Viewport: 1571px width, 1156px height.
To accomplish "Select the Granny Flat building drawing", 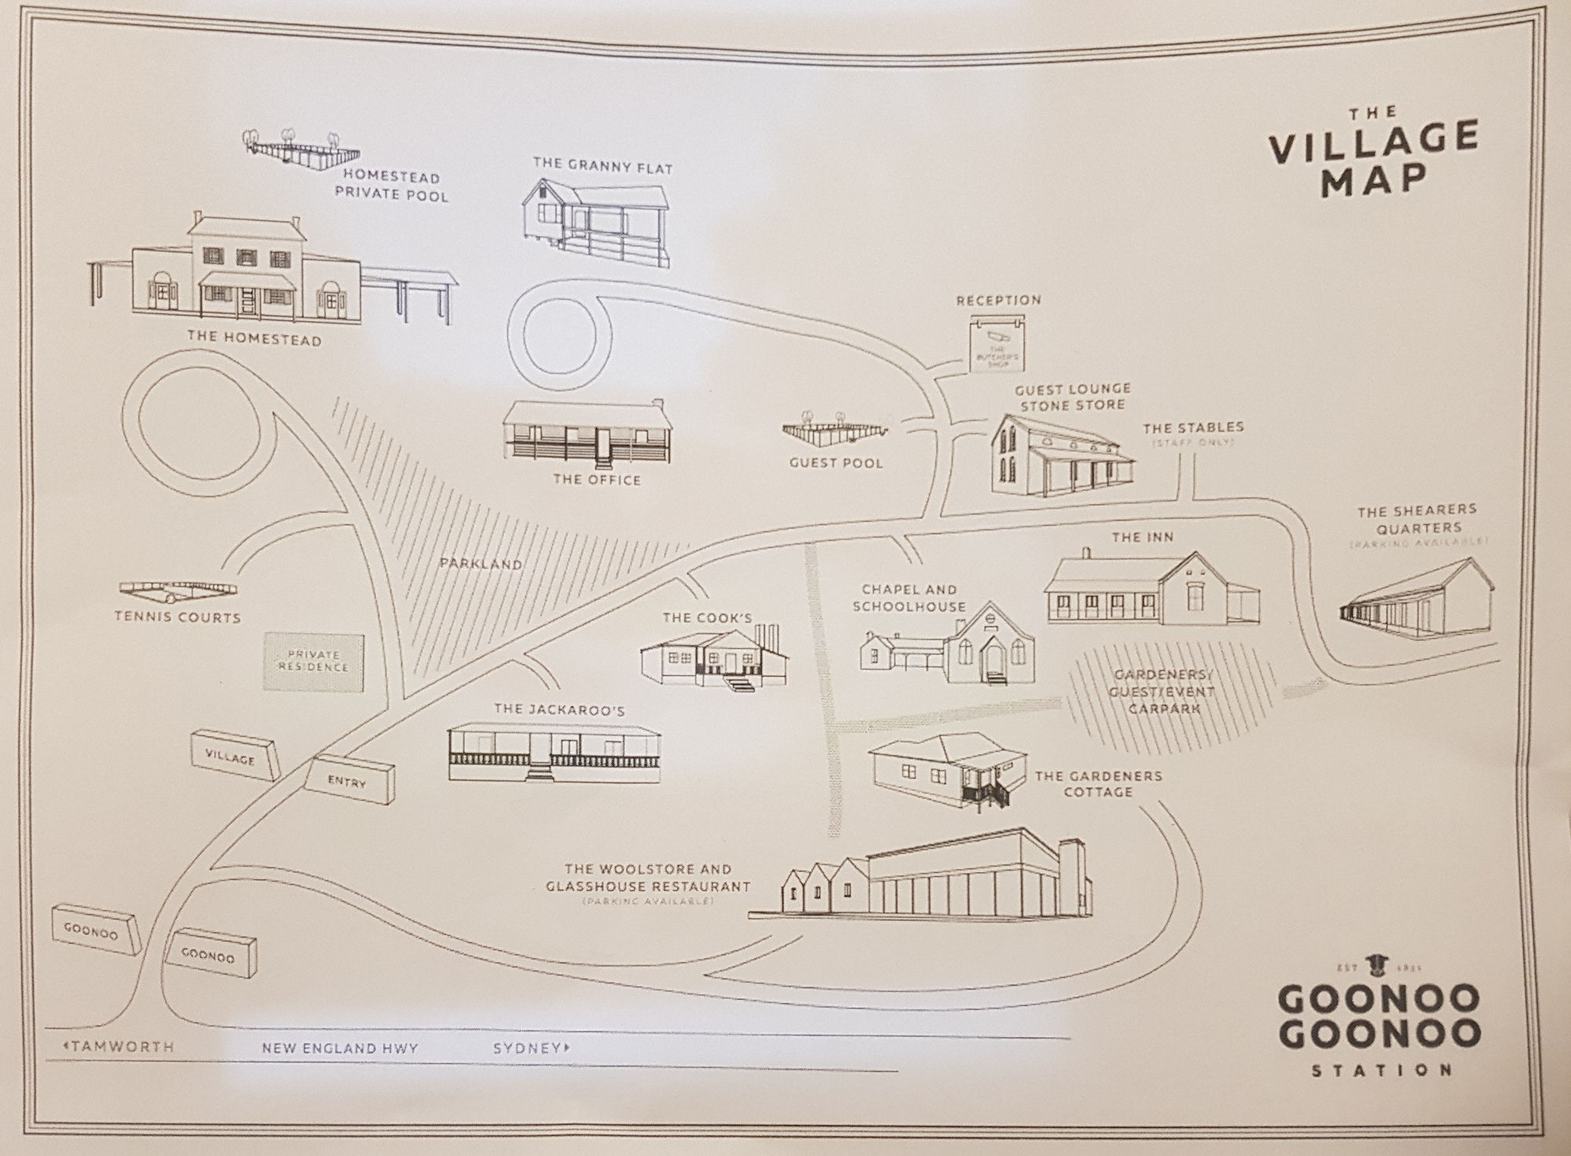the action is pos(597,220).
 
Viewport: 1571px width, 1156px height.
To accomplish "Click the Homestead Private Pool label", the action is pos(391,186).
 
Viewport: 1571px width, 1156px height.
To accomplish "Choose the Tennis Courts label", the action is pos(178,618).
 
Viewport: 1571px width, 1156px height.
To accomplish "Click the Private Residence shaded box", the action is pos(313,661).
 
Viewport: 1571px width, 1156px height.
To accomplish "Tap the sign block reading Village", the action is pos(234,755).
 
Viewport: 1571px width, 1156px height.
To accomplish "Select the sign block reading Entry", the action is pos(350,780).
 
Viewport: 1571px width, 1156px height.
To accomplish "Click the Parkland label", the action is pos(480,564).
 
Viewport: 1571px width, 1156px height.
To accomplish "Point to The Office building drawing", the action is pos(589,432).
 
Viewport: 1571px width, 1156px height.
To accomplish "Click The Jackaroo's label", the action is pos(559,710).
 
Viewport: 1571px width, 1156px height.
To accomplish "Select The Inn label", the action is pos(1142,538).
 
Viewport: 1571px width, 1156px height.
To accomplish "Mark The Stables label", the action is pos(1193,428).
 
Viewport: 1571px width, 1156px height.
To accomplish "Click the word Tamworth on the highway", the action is pos(122,1048).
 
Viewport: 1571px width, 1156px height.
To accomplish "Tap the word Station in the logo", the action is pos(1381,1070).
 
